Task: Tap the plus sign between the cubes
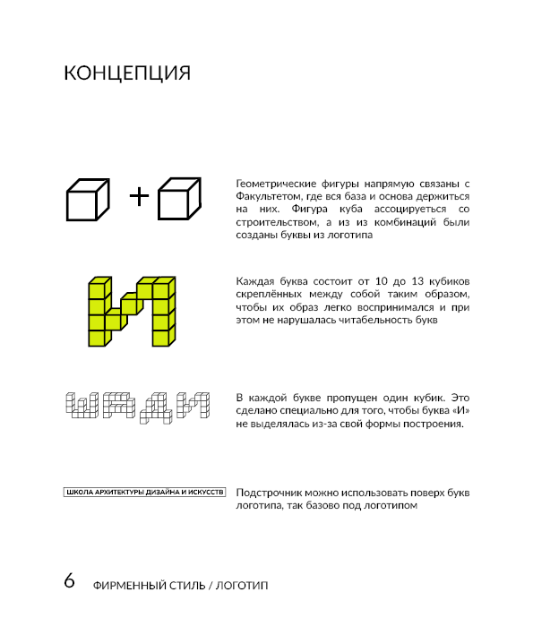139,195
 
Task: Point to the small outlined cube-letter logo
138,406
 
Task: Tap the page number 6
69,580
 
